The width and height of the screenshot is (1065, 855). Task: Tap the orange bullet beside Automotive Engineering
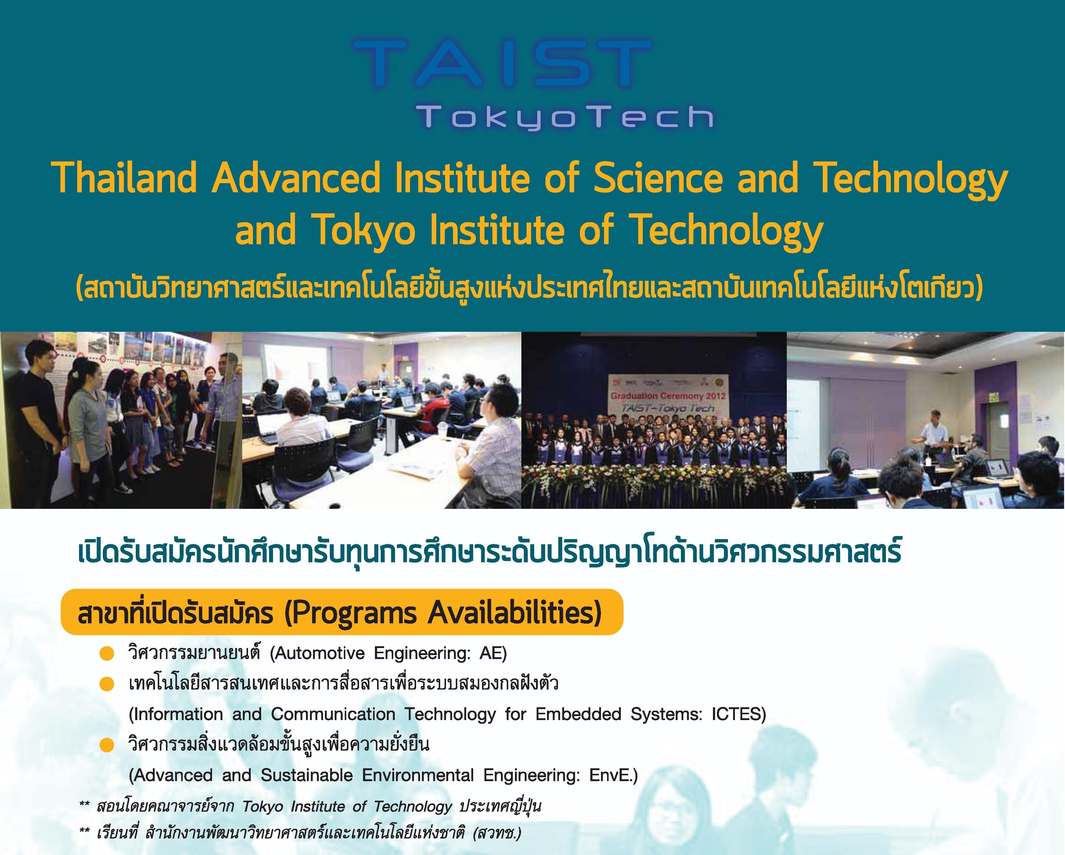pos(107,654)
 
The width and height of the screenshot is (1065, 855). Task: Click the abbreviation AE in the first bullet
pos(492,653)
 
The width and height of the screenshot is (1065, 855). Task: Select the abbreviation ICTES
pos(739,714)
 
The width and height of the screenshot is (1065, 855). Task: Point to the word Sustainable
pos(306,775)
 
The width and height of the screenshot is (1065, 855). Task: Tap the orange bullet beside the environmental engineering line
pos(107,745)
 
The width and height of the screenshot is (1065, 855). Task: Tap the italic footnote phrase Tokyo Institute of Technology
pos(347,806)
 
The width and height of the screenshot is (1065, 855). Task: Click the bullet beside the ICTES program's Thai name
pos(107,684)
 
